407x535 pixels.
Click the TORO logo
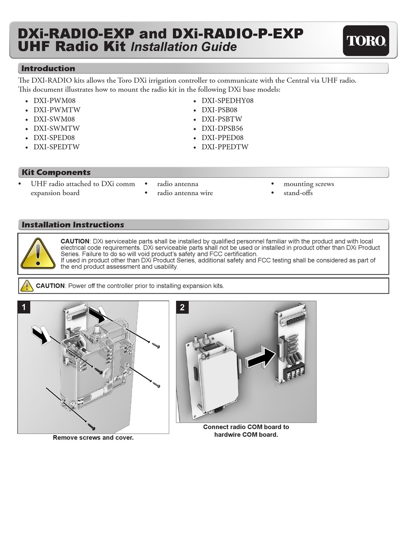[x=366, y=41]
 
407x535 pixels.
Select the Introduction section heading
[x=48, y=69]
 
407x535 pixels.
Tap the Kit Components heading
[x=56, y=172]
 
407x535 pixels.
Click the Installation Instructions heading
[x=73, y=225]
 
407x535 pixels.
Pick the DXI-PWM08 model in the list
[x=54, y=101]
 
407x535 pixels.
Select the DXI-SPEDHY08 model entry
[x=227, y=101]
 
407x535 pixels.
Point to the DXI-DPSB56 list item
[x=222, y=128]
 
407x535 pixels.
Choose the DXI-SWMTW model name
[x=57, y=128]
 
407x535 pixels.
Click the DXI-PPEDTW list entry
[x=225, y=147]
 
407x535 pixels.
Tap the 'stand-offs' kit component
[x=298, y=193]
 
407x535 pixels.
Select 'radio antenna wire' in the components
[x=185, y=193]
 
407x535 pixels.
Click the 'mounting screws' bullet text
[x=308, y=184]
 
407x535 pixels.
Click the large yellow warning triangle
[x=38, y=253]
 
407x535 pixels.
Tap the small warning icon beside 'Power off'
[x=27, y=286]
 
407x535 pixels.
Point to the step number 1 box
[x=24, y=307]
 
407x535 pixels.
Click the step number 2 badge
[x=183, y=307]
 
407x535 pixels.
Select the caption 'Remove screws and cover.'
[x=93, y=438]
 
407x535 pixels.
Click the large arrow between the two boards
[x=260, y=357]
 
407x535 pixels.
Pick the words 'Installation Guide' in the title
[x=183, y=47]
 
